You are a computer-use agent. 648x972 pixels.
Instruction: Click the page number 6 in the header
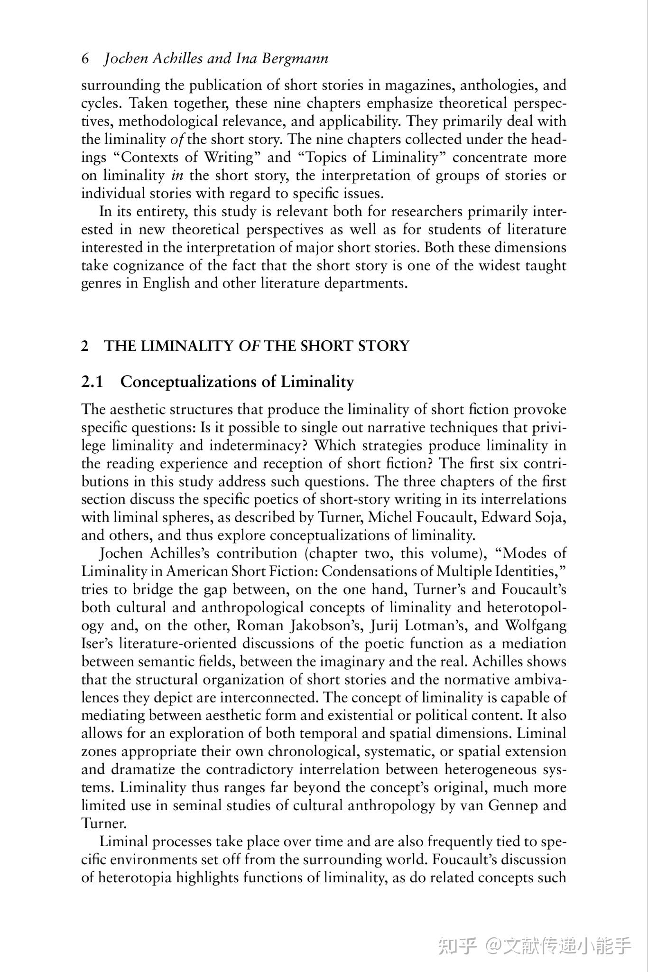pyautogui.click(x=85, y=58)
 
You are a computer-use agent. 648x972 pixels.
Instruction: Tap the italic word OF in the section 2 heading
pyautogui.click(x=250, y=346)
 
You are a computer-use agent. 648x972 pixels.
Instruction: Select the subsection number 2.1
pyautogui.click(x=92, y=382)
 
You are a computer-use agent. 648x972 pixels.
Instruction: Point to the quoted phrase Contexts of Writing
pyautogui.click(x=188, y=157)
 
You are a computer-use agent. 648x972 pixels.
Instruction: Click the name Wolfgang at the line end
pyautogui.click(x=536, y=626)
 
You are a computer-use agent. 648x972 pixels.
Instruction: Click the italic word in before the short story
pyautogui.click(x=177, y=176)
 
